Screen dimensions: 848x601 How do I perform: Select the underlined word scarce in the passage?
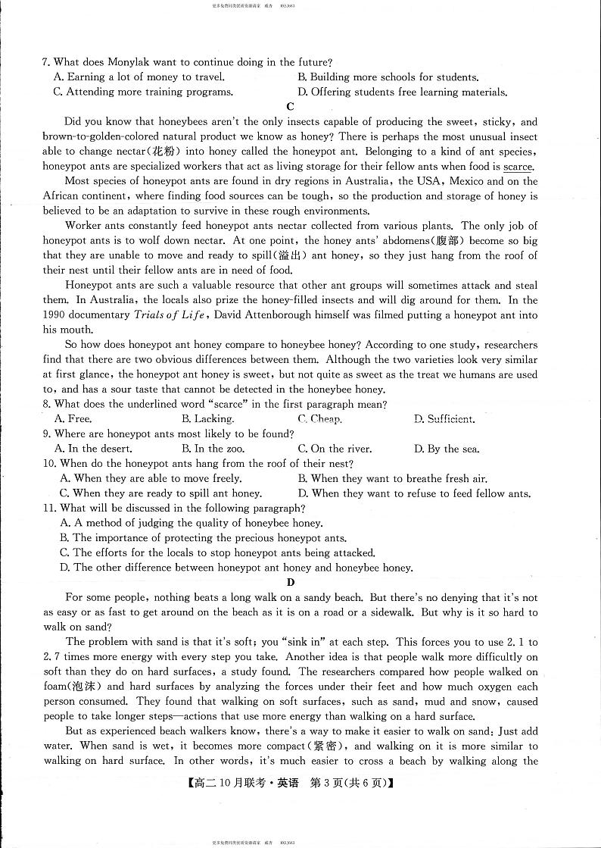(518, 167)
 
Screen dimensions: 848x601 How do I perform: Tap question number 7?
(46, 62)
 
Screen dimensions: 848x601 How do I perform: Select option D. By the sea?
(447, 449)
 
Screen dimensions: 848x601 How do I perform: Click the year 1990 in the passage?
(56, 314)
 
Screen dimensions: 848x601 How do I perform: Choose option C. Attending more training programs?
(144, 92)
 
